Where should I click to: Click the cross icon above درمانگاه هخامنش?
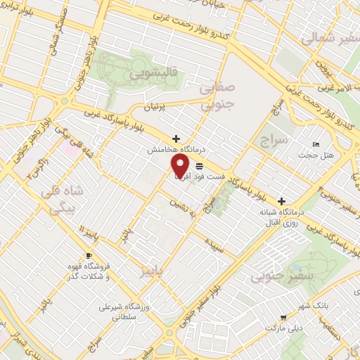tap(176, 139)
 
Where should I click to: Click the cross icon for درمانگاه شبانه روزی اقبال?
tap(282, 200)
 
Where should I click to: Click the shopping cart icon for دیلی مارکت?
tap(283, 318)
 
